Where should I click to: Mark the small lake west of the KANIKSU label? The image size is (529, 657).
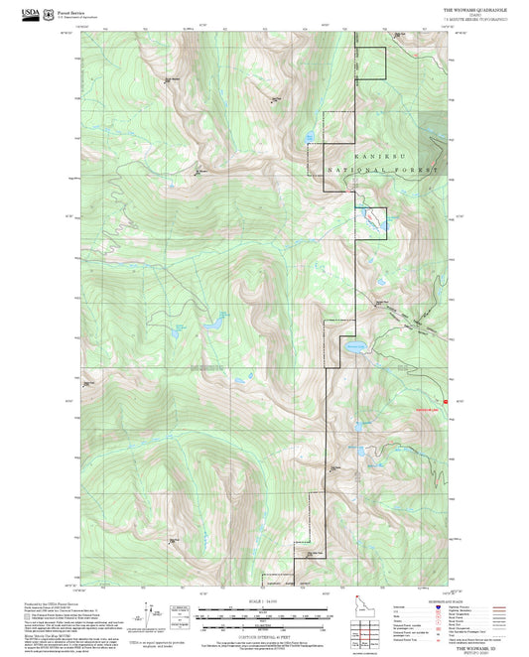click(x=310, y=136)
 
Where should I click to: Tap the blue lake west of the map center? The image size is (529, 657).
click(x=211, y=324)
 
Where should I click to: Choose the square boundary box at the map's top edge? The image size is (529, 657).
click(x=369, y=63)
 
